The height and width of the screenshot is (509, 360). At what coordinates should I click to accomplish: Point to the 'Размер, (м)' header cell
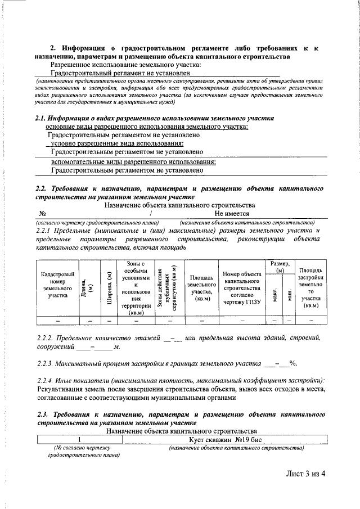pos(280,267)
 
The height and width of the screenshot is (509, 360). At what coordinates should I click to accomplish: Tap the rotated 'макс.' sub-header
pos(274,294)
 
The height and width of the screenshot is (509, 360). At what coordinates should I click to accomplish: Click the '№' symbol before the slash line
pos(42,214)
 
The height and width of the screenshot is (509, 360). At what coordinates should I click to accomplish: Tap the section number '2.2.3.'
pos(47,364)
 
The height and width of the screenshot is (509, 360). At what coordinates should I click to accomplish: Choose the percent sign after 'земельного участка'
pos(292,364)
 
